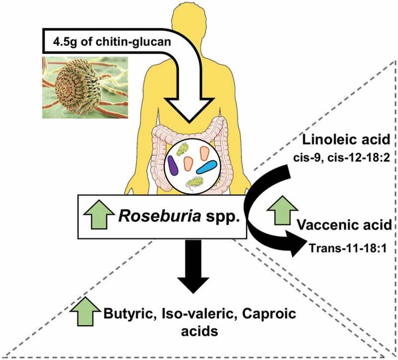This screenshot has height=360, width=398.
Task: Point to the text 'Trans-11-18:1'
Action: pos(347,243)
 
